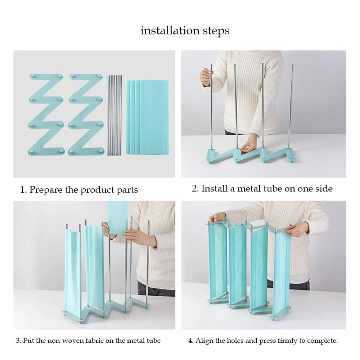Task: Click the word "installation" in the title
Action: coord(170,30)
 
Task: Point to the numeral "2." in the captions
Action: coord(195,189)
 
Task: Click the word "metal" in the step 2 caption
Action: coord(249,189)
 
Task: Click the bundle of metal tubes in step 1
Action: coord(114,115)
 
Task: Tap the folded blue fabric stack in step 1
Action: coord(147,117)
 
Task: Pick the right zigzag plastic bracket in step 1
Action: coord(86,115)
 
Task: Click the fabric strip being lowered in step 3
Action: coord(117,218)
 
